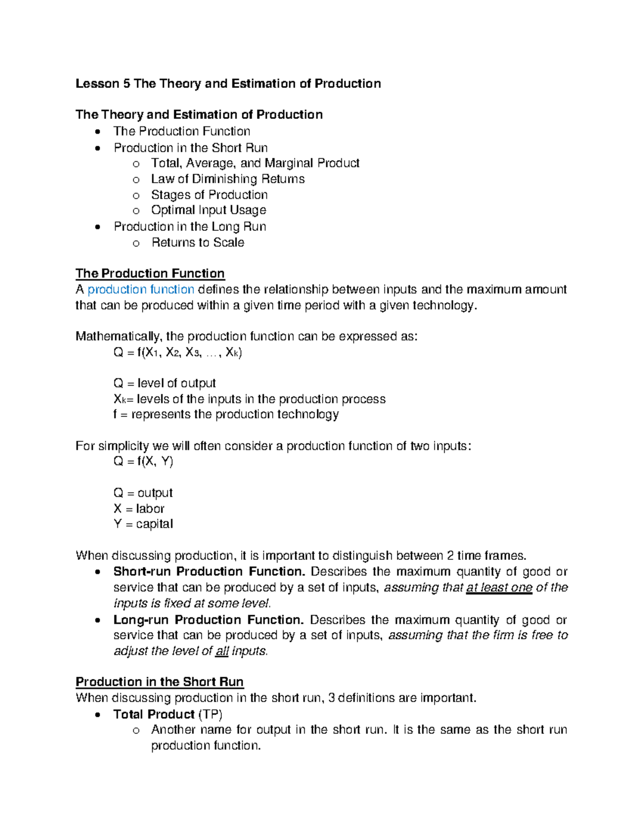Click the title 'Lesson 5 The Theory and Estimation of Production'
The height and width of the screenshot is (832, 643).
tap(228, 84)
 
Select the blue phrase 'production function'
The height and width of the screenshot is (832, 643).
tap(141, 290)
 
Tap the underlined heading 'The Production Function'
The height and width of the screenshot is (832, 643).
tap(150, 274)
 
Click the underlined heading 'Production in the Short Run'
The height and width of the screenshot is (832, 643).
tap(160, 682)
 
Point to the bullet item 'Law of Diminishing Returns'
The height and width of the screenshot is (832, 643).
tap(228, 179)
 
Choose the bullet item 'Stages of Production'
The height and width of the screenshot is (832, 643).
tap(209, 195)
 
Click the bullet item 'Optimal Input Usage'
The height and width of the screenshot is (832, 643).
tap(208, 211)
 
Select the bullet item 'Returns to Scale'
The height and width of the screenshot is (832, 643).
tap(198, 243)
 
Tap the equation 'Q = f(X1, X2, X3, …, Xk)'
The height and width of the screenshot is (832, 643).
tap(178, 353)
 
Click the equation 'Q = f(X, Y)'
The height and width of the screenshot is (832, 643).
tap(143, 461)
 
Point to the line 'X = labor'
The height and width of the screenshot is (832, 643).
tap(139, 508)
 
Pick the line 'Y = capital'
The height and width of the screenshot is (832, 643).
tap(143, 524)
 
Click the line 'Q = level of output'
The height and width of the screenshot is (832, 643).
tap(165, 384)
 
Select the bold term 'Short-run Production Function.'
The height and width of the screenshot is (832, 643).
tap(209, 572)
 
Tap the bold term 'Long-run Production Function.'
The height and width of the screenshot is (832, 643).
tap(208, 620)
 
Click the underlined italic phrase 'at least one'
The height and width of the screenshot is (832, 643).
tap(499, 588)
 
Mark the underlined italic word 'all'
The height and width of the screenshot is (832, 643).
tap(222, 651)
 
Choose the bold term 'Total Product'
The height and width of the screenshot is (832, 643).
tap(154, 714)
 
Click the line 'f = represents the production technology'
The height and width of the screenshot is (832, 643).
tap(226, 415)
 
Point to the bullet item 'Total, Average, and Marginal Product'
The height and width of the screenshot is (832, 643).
tap(255, 163)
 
